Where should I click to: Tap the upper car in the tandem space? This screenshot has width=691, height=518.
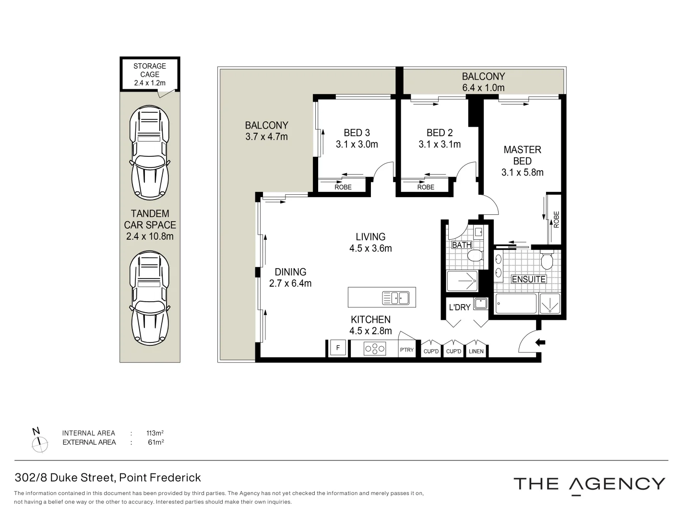[x=150, y=153]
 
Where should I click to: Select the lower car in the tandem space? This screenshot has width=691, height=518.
[x=150, y=298]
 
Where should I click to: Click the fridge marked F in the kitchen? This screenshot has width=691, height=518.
[x=338, y=348]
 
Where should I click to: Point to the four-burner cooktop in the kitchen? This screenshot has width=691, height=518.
[x=374, y=349]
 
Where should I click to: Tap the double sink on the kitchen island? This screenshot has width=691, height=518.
[x=396, y=298]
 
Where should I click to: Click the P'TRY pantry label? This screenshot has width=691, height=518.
[x=407, y=350]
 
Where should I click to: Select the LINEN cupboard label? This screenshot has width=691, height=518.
[x=476, y=351]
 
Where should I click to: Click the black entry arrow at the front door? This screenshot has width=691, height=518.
[x=540, y=342]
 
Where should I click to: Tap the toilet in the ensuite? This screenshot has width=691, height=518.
[x=547, y=259]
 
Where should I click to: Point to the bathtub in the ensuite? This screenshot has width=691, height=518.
[x=516, y=304]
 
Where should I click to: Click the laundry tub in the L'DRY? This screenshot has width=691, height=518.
[x=481, y=304]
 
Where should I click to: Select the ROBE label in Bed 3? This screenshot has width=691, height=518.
[x=343, y=187]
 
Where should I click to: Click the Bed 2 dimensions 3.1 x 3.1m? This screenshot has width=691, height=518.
[x=440, y=144]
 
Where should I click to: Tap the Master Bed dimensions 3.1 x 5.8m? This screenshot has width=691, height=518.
[x=522, y=172]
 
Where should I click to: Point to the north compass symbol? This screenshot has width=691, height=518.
[x=39, y=441]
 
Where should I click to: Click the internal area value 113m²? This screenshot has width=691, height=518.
[x=155, y=433]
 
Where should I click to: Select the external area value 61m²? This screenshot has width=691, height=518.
[x=156, y=442]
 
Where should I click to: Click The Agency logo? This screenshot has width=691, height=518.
[x=589, y=484]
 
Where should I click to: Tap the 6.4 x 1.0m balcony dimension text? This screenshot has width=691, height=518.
[x=483, y=88]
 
